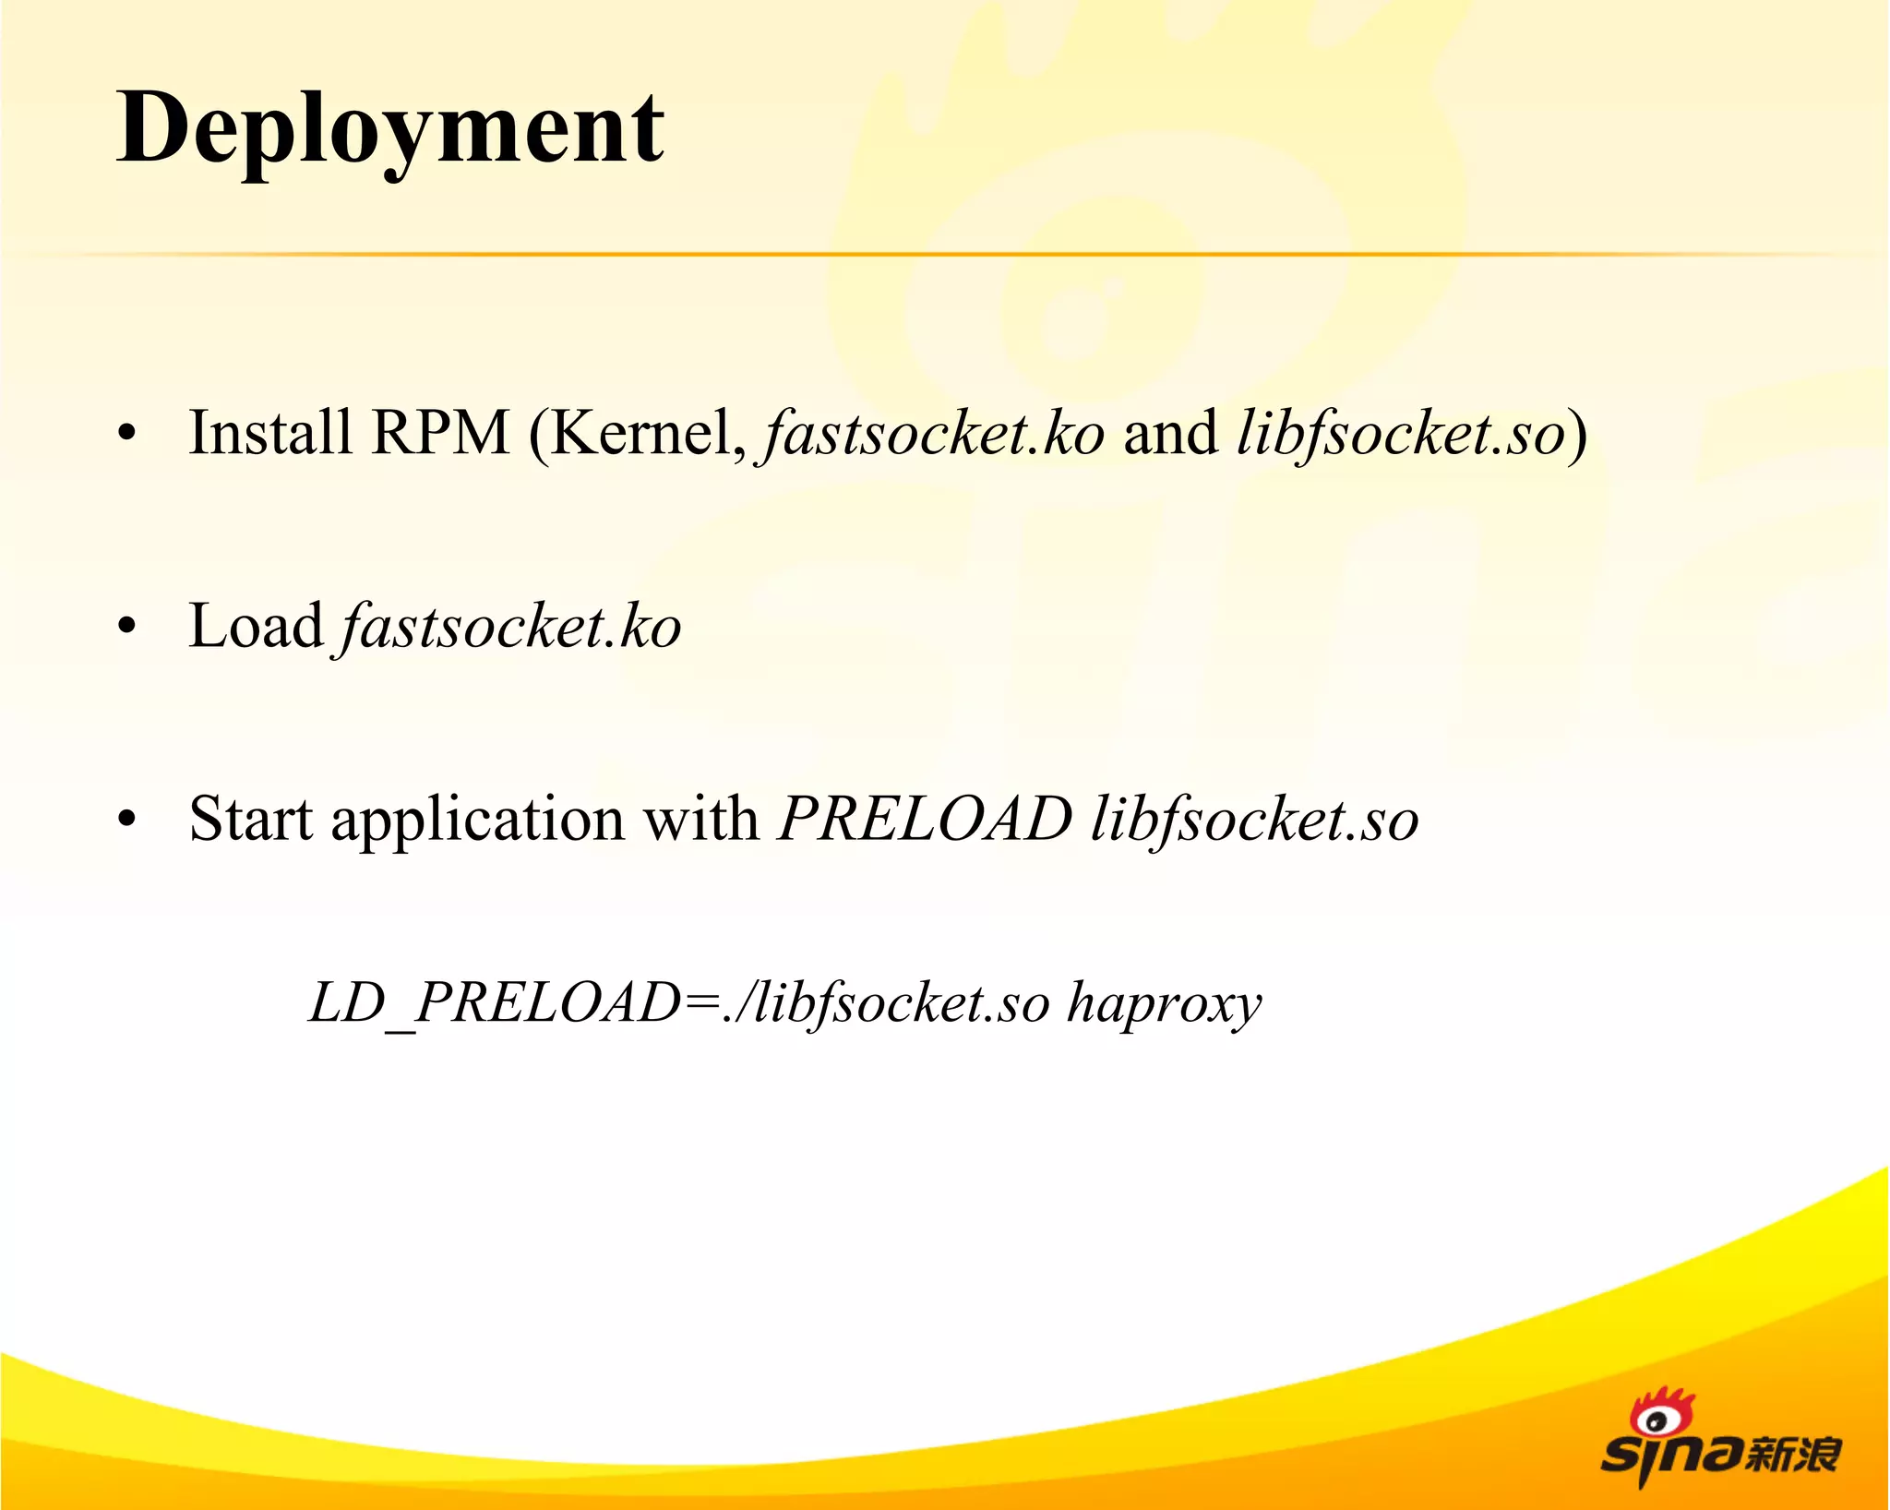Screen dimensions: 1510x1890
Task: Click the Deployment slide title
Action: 389,129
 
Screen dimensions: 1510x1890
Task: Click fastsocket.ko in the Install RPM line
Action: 932,434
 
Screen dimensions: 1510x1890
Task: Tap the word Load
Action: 256,626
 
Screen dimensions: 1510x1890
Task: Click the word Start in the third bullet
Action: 250,819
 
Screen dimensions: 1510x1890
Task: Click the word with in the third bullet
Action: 700,819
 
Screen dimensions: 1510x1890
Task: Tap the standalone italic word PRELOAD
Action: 925,819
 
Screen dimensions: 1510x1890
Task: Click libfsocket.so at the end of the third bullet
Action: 1254,821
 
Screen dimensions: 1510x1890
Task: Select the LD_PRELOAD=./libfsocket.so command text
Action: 678,1003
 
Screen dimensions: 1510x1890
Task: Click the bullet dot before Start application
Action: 127,820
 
